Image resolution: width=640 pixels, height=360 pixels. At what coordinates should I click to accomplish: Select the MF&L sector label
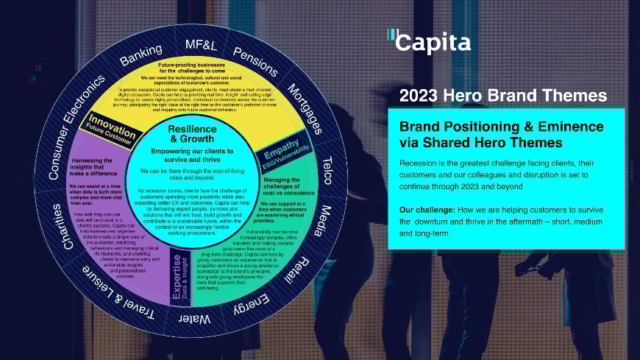202,45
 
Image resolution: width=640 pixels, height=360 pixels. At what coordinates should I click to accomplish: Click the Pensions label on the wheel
256,62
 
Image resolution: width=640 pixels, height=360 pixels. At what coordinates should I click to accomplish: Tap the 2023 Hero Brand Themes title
502,96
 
